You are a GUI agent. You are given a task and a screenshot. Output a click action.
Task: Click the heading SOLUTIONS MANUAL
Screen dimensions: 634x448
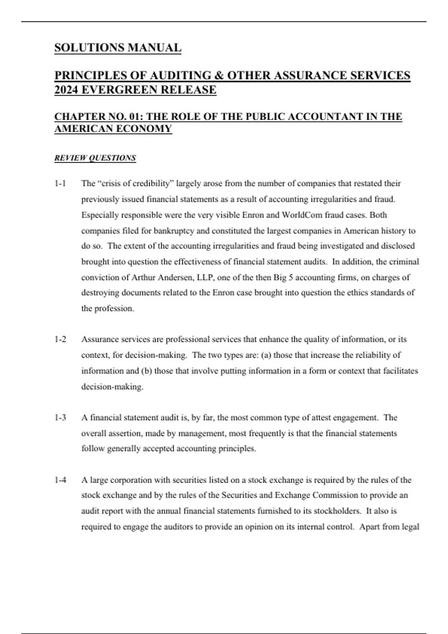coord(118,48)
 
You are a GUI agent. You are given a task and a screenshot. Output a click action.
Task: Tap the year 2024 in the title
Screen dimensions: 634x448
coord(66,90)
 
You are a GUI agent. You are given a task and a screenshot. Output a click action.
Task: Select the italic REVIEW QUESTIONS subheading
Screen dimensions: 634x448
coord(95,158)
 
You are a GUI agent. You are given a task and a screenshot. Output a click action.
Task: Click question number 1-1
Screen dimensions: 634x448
coord(60,183)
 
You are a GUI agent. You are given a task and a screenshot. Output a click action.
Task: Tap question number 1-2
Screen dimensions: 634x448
coord(60,339)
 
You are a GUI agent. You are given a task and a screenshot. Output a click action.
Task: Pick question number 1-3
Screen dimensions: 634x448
coord(60,418)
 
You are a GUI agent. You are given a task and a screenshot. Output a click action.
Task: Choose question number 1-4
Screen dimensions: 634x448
coord(60,480)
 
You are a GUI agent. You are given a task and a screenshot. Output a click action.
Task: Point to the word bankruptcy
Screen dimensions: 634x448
coord(174,231)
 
